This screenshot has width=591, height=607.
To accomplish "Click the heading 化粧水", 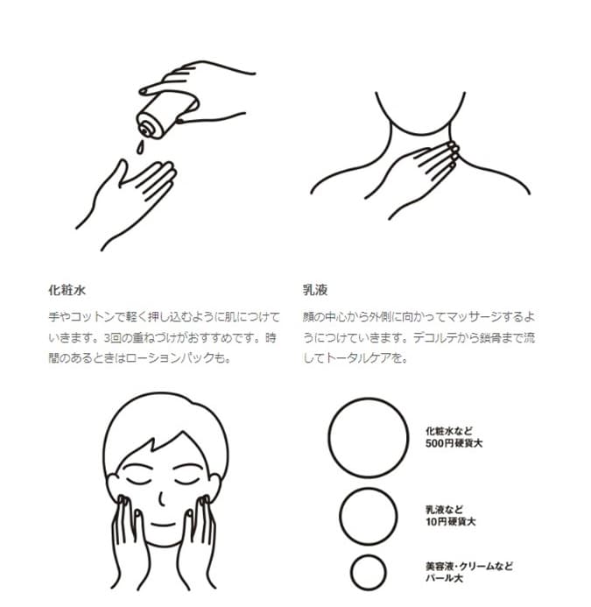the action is pos(67,290).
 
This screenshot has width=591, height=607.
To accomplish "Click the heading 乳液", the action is pos(315,290).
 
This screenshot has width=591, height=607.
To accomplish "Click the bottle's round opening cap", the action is pos(145,130).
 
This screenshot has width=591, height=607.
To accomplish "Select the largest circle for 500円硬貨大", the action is pos(369,399).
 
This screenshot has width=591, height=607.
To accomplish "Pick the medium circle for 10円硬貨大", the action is pos(369,488).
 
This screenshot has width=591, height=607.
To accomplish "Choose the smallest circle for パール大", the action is pos(369,555).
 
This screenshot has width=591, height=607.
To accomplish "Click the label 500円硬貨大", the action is pos(454,443).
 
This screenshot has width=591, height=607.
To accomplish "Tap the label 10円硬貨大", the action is pos(451,522).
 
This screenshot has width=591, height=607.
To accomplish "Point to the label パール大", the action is pos(444,578).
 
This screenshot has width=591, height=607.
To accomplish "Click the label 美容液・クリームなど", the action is pos(469,567).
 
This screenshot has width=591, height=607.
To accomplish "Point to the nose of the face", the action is pos(162,498).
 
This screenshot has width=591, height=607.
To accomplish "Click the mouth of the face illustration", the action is pos(163,525).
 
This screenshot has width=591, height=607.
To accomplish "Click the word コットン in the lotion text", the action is pos(94,317).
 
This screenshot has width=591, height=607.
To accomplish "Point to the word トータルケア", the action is pos(359,358).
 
